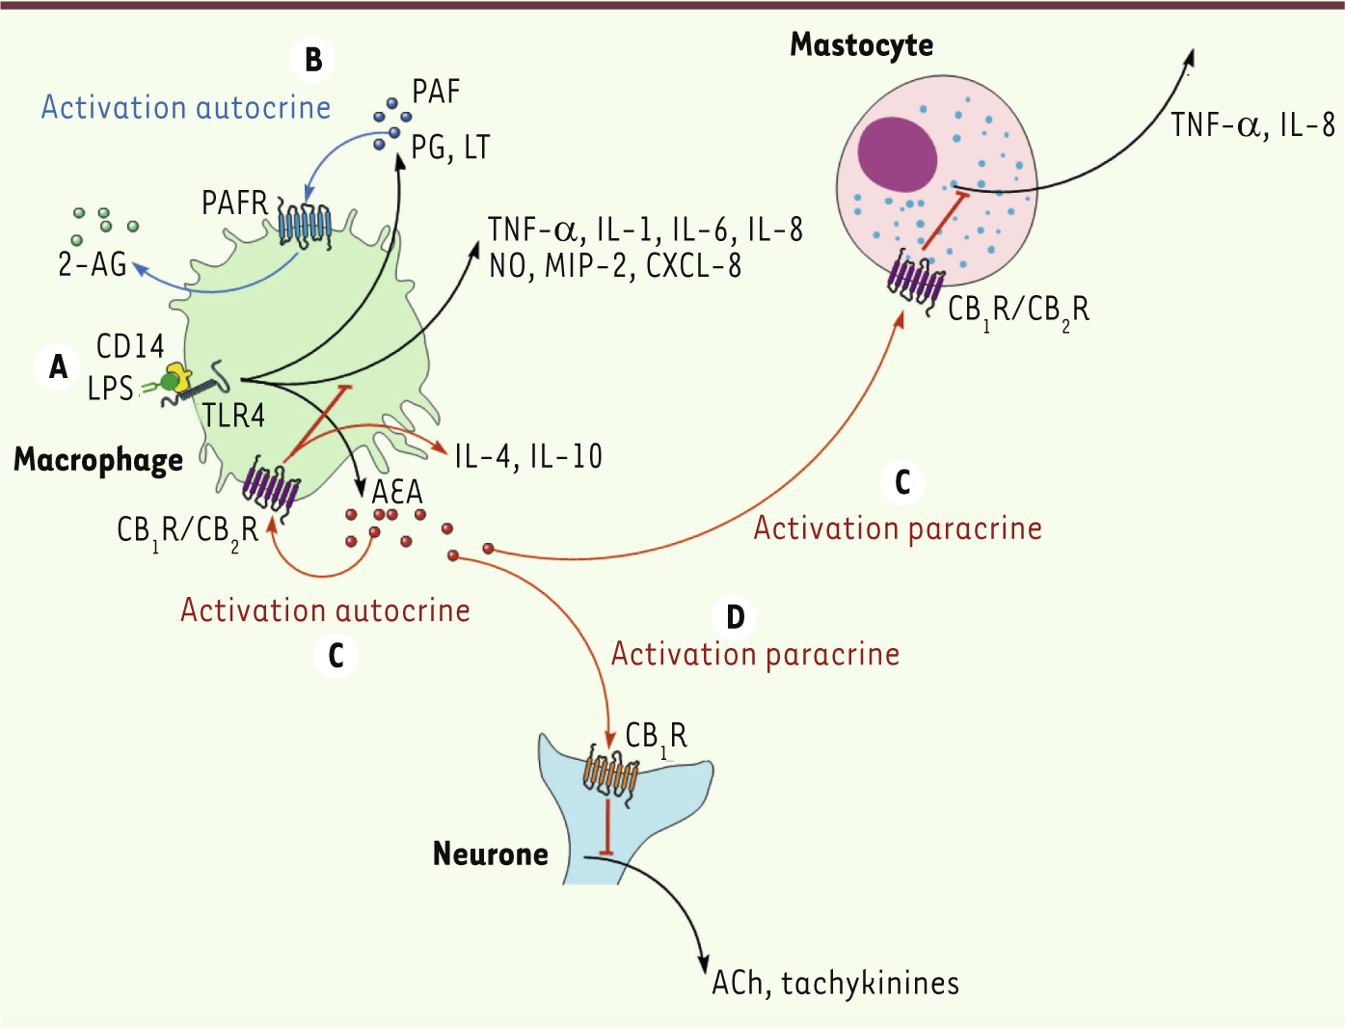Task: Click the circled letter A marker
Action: tap(58, 367)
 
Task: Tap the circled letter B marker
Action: tap(312, 60)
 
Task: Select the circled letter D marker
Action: tap(735, 616)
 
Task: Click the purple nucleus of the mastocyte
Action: tap(897, 154)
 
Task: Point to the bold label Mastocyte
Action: tap(862, 45)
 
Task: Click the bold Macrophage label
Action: tap(98, 460)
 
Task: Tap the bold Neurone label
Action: tap(490, 853)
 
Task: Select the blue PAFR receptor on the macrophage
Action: tap(305, 223)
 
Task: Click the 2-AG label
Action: tap(93, 265)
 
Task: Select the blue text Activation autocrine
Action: tap(186, 107)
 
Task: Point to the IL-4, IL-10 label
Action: tap(528, 456)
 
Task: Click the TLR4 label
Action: tap(233, 416)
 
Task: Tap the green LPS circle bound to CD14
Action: tap(169, 383)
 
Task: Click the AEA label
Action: tap(397, 492)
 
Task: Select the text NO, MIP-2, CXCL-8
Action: tap(615, 266)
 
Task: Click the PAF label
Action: tap(436, 92)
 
